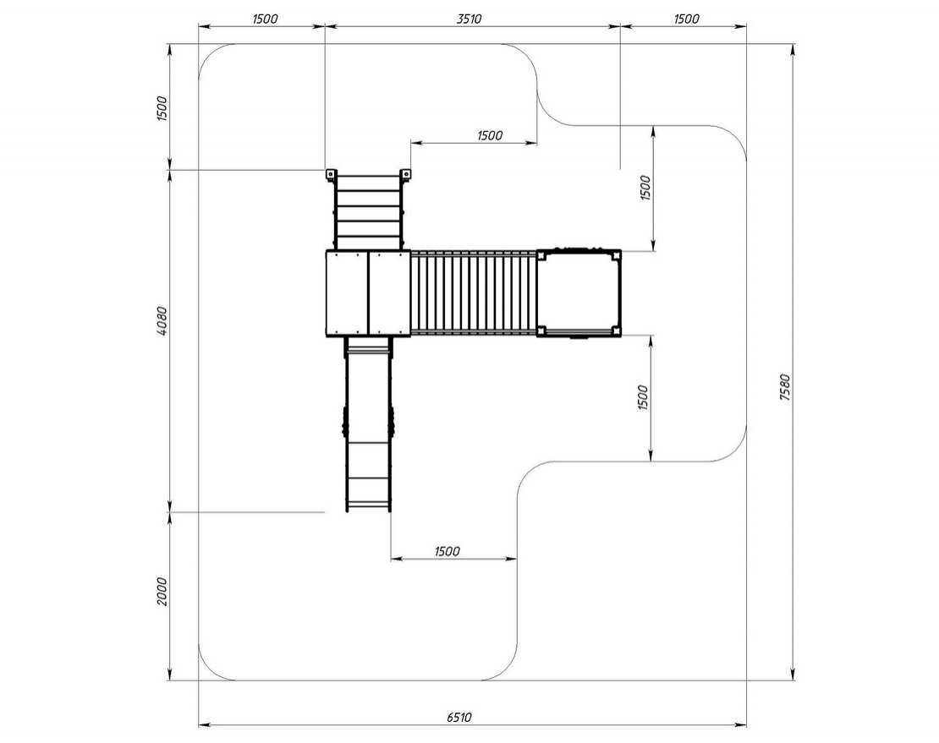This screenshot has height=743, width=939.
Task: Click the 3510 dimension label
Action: point(469,19)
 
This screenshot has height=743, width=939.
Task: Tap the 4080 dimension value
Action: point(162,320)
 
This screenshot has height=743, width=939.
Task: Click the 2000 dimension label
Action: point(162,591)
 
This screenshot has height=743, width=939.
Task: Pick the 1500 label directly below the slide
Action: point(448,551)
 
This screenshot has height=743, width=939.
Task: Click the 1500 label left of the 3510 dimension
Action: point(265,19)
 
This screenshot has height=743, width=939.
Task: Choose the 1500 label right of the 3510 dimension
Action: point(686,19)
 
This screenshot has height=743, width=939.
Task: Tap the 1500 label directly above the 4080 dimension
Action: point(162,108)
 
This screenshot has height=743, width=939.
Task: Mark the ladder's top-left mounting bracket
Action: point(330,175)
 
